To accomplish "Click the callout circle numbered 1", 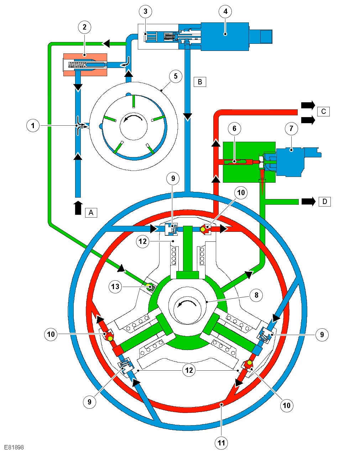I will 33,125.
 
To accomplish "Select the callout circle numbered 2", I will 84,27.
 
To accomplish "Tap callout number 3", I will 145,12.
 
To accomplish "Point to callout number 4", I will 225,12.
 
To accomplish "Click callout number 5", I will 176,76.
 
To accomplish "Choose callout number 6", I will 234,129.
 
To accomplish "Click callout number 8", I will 256,295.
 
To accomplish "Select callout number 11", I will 221,443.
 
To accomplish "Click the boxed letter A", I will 91,213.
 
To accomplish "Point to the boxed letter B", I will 200,82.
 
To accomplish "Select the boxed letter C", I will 323,111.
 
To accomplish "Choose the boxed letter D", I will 324,202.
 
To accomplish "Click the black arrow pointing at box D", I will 308,202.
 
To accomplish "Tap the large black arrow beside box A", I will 78,208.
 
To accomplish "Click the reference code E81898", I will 14,447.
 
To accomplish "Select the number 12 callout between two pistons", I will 189,370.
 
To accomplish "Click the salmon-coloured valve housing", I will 85,65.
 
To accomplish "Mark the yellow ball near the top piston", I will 203,230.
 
